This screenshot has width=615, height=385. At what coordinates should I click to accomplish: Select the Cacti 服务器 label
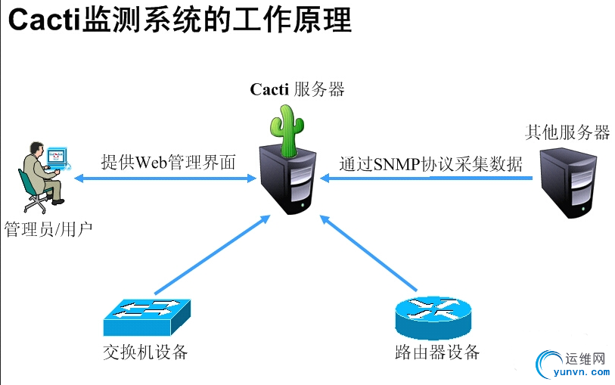click(x=297, y=89)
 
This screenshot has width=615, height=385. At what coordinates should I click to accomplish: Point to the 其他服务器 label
click(x=567, y=132)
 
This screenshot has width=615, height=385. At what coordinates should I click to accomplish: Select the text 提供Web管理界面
click(x=169, y=162)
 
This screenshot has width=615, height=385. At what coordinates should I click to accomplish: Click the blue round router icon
click(x=433, y=317)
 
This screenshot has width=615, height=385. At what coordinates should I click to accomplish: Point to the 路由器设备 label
click(x=437, y=352)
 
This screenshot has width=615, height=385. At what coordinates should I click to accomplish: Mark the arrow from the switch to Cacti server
click(x=212, y=254)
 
